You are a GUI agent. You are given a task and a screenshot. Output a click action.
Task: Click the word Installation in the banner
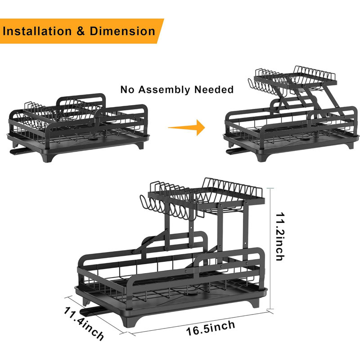point(37,31)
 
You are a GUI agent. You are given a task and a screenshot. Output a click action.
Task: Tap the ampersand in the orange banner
point(81,31)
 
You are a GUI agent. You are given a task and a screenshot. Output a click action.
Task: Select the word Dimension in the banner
point(122,31)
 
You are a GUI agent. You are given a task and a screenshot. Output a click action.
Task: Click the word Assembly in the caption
point(166,90)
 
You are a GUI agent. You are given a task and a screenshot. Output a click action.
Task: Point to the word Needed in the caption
point(214,89)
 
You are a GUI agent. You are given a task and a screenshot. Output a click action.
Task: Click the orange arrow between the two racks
point(186,127)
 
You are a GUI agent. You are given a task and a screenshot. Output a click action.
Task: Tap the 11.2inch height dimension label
point(280,237)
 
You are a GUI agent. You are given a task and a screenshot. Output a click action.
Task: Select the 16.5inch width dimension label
point(211,328)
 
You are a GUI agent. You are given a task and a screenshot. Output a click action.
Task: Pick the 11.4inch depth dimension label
point(84,324)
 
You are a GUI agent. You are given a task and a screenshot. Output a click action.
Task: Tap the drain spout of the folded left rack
point(20,151)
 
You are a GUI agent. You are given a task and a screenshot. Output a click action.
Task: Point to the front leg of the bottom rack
point(131,319)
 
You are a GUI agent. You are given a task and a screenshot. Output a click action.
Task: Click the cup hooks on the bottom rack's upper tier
point(167,208)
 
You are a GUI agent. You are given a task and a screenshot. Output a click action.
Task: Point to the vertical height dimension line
point(270,248)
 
